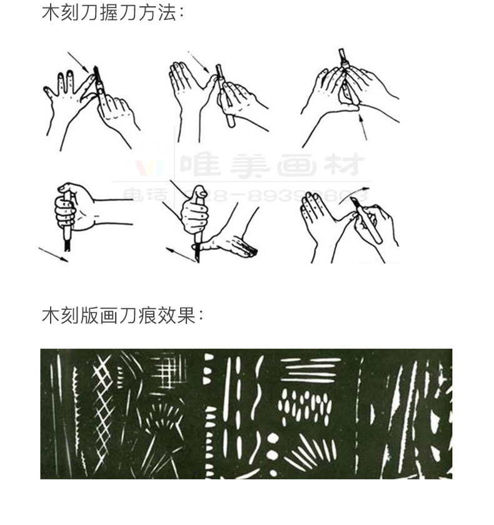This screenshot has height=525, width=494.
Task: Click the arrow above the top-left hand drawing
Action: tap(79, 62)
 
